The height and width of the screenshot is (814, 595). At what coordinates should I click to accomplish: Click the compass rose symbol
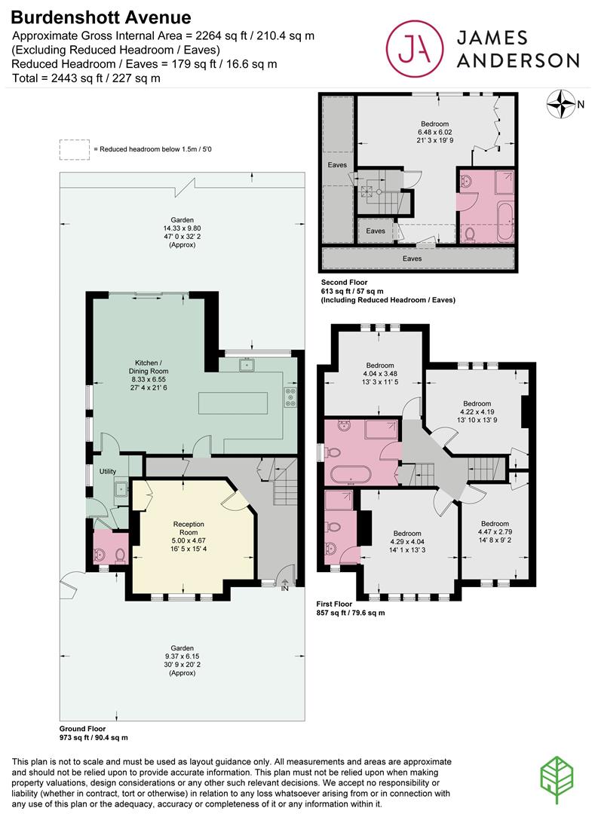tap(561, 104)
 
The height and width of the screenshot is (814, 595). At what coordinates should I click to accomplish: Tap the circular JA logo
tap(415, 48)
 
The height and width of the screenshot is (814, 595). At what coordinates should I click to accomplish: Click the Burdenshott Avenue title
tap(101, 17)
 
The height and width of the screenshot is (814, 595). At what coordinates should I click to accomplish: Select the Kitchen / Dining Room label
tap(149, 367)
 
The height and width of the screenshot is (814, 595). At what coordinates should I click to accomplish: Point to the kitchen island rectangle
tap(233, 402)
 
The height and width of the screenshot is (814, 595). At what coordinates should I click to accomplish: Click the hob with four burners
tap(290, 397)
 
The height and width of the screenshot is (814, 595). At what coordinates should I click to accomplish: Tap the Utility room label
tap(108, 471)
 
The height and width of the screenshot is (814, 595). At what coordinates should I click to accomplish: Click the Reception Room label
tap(189, 528)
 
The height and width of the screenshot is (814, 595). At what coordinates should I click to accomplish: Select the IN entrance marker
tap(284, 589)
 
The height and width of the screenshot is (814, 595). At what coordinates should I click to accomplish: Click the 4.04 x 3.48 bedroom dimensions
tap(380, 374)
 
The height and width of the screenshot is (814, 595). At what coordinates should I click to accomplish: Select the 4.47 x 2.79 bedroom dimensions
tap(495, 532)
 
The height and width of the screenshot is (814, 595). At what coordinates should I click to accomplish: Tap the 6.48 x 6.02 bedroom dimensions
tap(435, 133)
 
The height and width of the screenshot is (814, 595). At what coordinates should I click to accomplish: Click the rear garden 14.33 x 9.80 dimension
tap(182, 228)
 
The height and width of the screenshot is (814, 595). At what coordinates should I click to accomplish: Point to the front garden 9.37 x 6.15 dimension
tap(182, 656)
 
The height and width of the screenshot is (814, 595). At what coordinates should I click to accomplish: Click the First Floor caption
tap(334, 604)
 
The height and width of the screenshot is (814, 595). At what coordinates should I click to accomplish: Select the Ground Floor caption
tap(82, 729)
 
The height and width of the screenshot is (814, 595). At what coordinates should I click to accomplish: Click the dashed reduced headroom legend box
tap(74, 149)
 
